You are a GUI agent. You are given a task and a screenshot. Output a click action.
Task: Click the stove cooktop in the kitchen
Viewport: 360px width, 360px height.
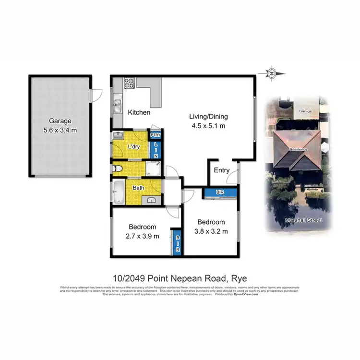point(129,83)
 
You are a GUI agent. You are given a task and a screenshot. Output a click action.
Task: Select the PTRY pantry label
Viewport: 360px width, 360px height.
point(156,135)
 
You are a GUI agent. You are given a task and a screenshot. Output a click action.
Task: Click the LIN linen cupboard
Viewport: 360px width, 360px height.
point(156,150)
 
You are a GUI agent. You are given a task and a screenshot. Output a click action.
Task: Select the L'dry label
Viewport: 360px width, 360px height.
point(134,147)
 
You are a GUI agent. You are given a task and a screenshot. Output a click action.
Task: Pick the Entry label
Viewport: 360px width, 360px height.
point(222,170)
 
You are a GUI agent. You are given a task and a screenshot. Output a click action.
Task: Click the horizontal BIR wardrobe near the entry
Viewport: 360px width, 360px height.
point(220,192)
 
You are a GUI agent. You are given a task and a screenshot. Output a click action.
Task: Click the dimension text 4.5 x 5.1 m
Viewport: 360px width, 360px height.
point(208,126)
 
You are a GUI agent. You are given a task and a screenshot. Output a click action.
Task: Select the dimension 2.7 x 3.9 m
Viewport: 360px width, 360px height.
point(143,236)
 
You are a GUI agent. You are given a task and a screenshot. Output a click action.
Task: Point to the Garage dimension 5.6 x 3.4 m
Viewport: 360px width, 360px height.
point(60,130)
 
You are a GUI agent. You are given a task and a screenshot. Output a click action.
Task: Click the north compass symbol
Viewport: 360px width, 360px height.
point(271,73)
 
